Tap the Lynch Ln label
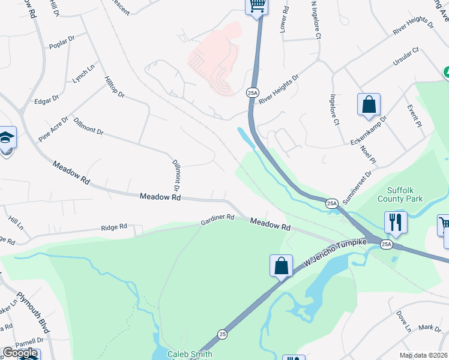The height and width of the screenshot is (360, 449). point(83,74)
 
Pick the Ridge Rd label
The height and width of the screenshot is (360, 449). point(114,227)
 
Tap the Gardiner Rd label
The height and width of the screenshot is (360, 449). point(217,220)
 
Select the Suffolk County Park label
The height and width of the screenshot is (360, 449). point(400,194)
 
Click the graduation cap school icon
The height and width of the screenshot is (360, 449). point(7,138)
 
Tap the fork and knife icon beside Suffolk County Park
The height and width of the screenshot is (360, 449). point(396,221)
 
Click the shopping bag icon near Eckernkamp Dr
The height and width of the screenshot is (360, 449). point(369,104)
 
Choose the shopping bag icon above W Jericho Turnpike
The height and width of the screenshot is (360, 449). point(281,266)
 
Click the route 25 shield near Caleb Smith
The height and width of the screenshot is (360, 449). point(223,333)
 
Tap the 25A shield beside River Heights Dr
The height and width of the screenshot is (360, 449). point(252,92)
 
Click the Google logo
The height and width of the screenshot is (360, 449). point(20,353)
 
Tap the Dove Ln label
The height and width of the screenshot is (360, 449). point(403,322)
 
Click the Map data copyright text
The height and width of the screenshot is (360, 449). point(424,355)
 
